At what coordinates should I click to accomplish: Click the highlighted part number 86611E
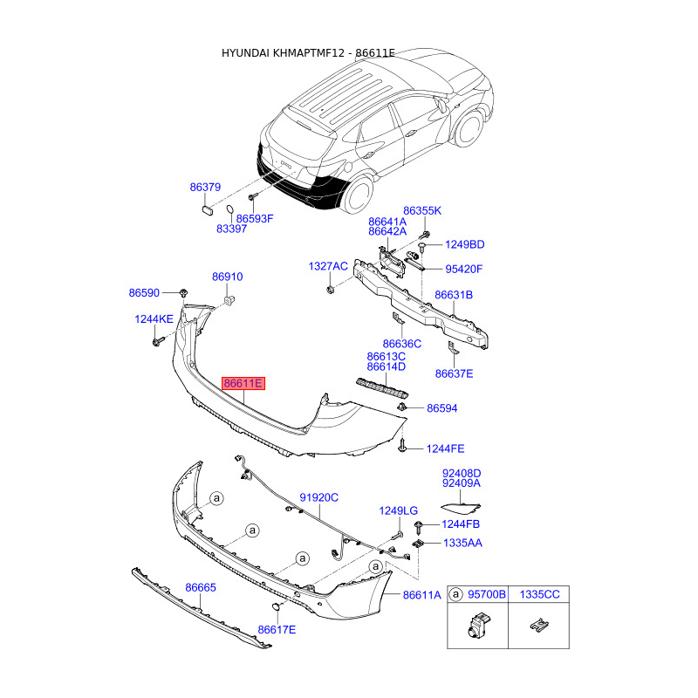point(243,383)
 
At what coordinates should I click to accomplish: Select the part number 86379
point(206,188)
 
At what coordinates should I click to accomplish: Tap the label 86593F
point(257,218)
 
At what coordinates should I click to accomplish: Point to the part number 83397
point(232,229)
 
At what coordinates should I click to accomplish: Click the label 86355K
point(422,211)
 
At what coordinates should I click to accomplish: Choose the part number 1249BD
point(464,244)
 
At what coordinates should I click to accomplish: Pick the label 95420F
point(464,269)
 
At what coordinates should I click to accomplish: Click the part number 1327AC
point(328,265)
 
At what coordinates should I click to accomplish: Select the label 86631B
point(454,295)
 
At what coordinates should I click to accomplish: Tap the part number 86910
point(228,277)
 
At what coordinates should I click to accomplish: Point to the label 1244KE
point(154,319)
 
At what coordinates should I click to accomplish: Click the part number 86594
point(442,408)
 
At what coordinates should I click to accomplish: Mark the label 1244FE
point(445,448)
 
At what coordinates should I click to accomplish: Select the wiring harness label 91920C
point(319,497)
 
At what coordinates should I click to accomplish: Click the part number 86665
point(200,588)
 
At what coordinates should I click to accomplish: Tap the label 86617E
point(277,630)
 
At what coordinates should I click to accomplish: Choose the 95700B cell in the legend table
point(488,594)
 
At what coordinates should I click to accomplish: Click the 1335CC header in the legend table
point(540,594)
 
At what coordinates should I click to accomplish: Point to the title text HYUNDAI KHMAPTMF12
point(282,53)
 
